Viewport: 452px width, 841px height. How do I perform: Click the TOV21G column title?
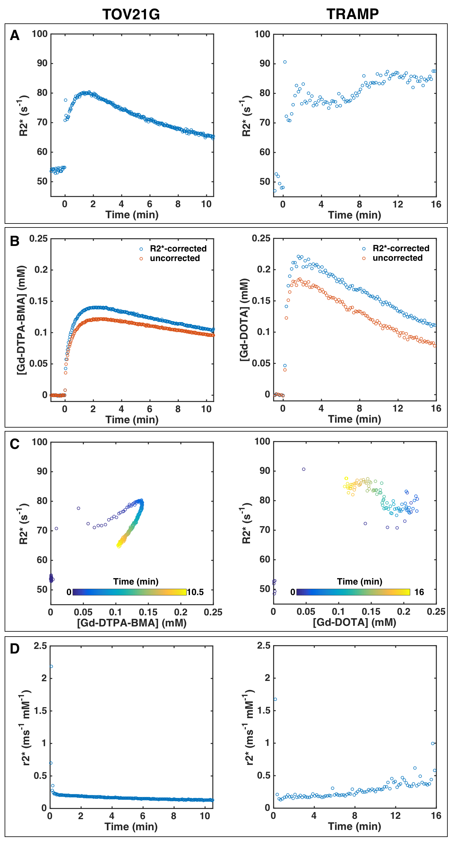(131, 14)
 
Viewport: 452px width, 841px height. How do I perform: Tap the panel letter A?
(15, 35)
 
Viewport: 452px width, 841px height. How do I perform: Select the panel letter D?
(15, 649)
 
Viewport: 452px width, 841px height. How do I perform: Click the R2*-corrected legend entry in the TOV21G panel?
(178, 249)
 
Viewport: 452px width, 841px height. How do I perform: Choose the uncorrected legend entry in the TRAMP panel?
(398, 258)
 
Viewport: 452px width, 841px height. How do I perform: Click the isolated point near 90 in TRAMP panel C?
(304, 469)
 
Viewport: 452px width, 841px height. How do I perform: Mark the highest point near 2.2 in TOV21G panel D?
(51, 666)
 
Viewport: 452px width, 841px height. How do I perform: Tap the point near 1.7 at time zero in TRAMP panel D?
(275, 699)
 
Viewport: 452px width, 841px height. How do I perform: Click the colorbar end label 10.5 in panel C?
(195, 592)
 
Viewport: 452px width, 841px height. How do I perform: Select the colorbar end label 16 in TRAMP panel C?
(419, 592)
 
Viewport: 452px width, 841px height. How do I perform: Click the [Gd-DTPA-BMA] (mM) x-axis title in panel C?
(131, 623)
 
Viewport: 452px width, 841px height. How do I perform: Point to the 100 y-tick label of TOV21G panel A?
(39, 34)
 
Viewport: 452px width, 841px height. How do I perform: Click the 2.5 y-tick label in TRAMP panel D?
(264, 646)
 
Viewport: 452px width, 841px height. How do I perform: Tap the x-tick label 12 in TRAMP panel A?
(398, 204)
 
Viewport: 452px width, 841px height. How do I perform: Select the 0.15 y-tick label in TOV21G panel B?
(38, 301)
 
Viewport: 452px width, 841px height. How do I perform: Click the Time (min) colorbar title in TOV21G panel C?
(136, 581)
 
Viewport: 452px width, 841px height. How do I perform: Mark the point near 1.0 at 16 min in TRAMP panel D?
(433, 743)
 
